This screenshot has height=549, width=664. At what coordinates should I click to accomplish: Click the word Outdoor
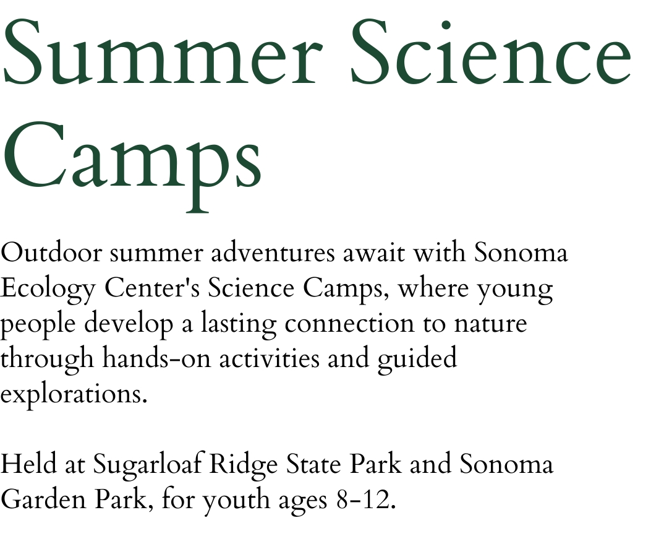(x=51, y=253)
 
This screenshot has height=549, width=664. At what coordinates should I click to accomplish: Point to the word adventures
(x=273, y=253)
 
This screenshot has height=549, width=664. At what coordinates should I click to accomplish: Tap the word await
(x=373, y=254)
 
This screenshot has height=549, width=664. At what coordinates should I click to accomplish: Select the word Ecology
(x=48, y=290)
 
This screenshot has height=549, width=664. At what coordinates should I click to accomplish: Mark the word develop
(x=129, y=325)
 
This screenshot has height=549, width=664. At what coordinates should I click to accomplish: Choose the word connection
(x=349, y=324)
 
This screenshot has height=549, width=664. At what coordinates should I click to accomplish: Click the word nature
(x=490, y=325)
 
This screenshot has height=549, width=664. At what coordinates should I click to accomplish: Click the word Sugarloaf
(x=147, y=465)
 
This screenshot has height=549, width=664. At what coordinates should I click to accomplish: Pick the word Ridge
(x=244, y=465)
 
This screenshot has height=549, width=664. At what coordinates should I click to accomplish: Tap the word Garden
(x=44, y=499)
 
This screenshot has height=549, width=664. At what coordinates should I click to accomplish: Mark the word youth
(x=236, y=501)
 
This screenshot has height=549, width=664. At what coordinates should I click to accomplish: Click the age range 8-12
(x=366, y=500)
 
